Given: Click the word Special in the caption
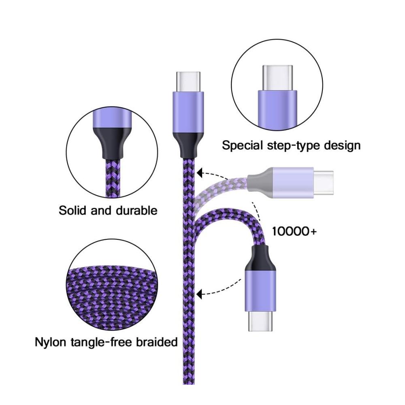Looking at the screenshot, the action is pyautogui.click(x=242, y=146).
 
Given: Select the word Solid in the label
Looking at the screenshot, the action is pyautogui.click(x=72, y=210).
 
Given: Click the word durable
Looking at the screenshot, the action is pyautogui.click(x=136, y=210).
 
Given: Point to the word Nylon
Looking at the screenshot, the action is pyautogui.click(x=50, y=343).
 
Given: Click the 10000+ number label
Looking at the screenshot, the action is pyautogui.click(x=294, y=231).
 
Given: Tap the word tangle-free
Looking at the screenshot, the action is pyautogui.click(x=101, y=343).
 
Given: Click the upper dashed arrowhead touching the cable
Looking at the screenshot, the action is pyautogui.click(x=199, y=173).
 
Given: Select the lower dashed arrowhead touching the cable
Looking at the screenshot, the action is pyautogui.click(x=199, y=294).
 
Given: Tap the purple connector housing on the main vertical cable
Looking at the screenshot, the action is pyautogui.click(x=188, y=113).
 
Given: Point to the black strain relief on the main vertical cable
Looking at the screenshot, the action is pyautogui.click(x=188, y=145).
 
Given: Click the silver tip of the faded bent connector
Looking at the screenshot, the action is pyautogui.click(x=323, y=183).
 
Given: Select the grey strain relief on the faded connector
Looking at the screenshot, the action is pyautogui.click(x=260, y=183).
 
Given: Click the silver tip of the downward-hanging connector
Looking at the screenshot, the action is pyautogui.click(x=260, y=321).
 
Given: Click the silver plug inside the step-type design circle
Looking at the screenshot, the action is pyautogui.click(x=277, y=78).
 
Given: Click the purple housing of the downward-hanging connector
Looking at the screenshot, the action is pyautogui.click(x=260, y=290).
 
